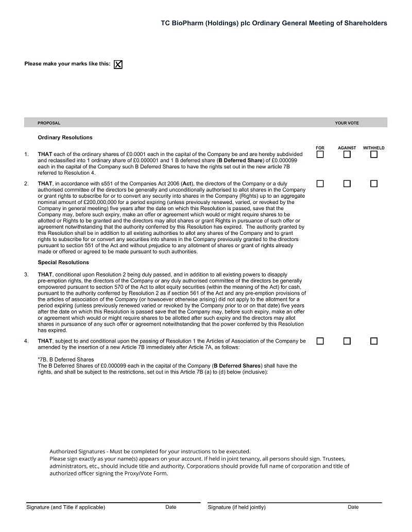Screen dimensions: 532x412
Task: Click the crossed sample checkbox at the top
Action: point(118,64)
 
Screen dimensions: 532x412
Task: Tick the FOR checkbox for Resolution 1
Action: point(320,155)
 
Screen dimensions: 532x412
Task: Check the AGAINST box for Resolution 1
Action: point(347,155)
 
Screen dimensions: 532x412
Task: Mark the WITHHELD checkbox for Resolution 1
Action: point(374,155)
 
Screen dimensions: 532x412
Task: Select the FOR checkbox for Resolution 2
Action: point(320,184)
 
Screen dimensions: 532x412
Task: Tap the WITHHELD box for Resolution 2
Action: point(374,184)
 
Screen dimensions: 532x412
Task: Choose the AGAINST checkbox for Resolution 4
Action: point(347,341)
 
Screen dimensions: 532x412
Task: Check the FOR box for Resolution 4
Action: point(320,341)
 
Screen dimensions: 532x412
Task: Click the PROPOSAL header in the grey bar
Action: point(49,123)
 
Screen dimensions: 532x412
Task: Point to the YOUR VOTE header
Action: point(347,123)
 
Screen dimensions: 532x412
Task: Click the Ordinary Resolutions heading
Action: point(65,138)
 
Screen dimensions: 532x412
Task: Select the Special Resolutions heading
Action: point(63,263)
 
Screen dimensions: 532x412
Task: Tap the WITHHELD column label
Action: point(373,148)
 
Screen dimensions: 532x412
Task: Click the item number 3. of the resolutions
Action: point(26,275)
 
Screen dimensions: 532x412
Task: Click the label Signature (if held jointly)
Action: point(236,507)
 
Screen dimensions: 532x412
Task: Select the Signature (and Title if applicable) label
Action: point(65,507)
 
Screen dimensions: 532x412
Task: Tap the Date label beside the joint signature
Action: point(353,507)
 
